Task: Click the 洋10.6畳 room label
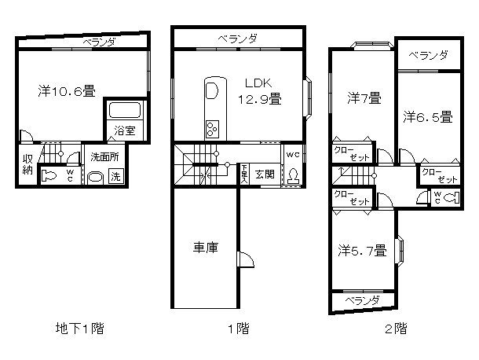(x=67, y=91)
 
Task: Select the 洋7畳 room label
(x=364, y=98)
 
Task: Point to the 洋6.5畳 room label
(x=428, y=117)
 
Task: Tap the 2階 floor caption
(x=396, y=329)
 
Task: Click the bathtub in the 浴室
(x=123, y=111)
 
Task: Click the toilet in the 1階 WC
(x=293, y=175)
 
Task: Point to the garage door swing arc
(x=244, y=263)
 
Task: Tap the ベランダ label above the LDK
(x=237, y=38)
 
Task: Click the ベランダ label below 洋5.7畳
(x=364, y=301)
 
